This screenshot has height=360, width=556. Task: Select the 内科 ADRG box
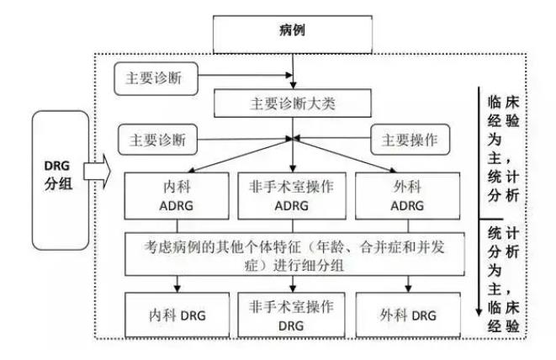[167, 195]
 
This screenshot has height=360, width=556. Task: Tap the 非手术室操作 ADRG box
[292, 195]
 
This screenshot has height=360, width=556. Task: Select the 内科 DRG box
[167, 315]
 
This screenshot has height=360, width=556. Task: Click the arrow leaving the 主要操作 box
[336, 139]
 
